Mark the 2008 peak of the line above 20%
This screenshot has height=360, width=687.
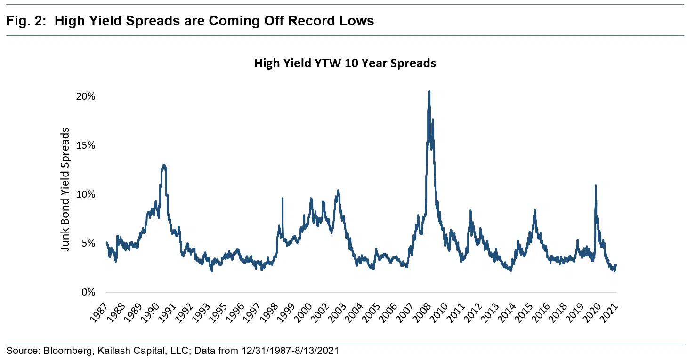429,92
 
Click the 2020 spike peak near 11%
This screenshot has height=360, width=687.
596,186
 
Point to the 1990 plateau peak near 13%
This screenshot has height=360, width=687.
164,165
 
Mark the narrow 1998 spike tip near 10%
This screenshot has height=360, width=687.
283,198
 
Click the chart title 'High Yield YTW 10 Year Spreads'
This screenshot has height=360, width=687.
345,63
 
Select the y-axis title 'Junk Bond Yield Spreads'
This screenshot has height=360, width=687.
65,189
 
